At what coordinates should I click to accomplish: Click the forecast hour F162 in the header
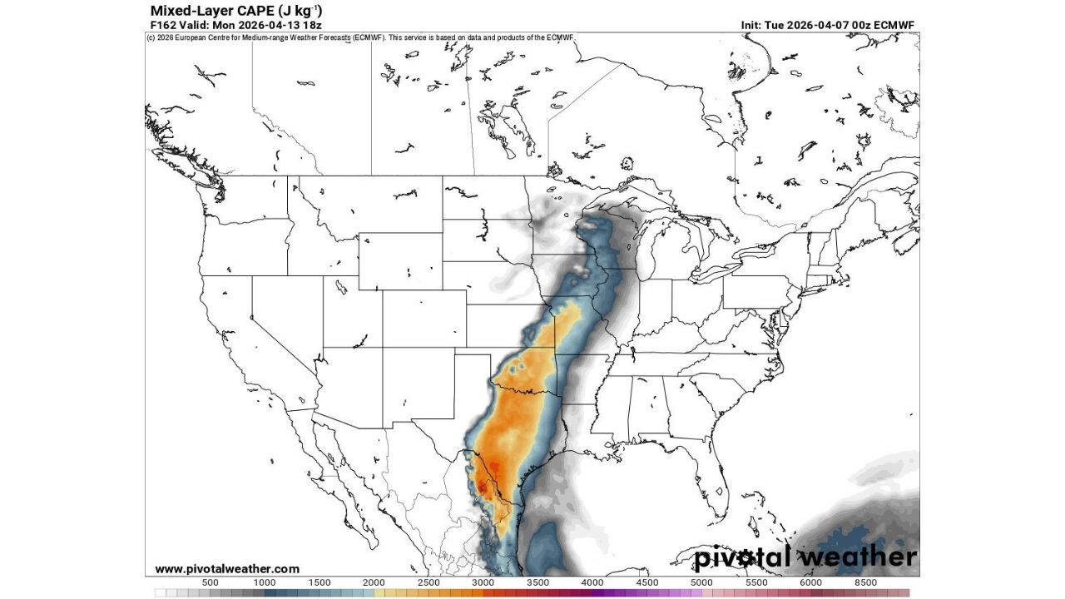(x=162, y=25)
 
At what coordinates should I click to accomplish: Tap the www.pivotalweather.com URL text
(x=226, y=569)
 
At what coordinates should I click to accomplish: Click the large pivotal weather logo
(x=805, y=557)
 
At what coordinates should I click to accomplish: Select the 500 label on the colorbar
(x=211, y=582)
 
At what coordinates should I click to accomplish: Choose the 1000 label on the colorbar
(x=265, y=582)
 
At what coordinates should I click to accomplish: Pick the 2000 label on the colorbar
(x=374, y=582)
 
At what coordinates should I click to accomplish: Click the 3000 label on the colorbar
(x=483, y=582)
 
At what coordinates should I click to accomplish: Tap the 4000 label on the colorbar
(x=592, y=582)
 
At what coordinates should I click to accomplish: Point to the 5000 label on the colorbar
(x=701, y=582)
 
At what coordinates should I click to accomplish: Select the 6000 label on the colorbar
(x=810, y=582)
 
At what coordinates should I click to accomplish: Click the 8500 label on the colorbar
(x=864, y=582)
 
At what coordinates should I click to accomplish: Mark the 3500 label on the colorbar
(x=537, y=582)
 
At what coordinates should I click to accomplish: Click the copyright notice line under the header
(x=359, y=37)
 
